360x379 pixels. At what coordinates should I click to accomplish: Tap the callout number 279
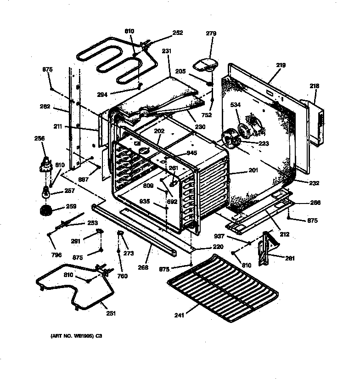(x=211, y=34)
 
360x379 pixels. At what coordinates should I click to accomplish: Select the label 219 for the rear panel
(x=281, y=65)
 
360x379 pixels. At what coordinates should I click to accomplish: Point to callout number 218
(x=315, y=86)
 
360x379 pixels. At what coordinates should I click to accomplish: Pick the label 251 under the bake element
(x=111, y=314)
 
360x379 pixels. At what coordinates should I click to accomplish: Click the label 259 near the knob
(x=71, y=206)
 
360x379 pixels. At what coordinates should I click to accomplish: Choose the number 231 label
(x=166, y=51)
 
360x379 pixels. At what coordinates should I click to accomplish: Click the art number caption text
(x=76, y=336)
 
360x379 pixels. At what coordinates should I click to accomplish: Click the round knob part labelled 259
(x=46, y=211)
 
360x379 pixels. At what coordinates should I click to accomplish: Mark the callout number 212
(x=284, y=234)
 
